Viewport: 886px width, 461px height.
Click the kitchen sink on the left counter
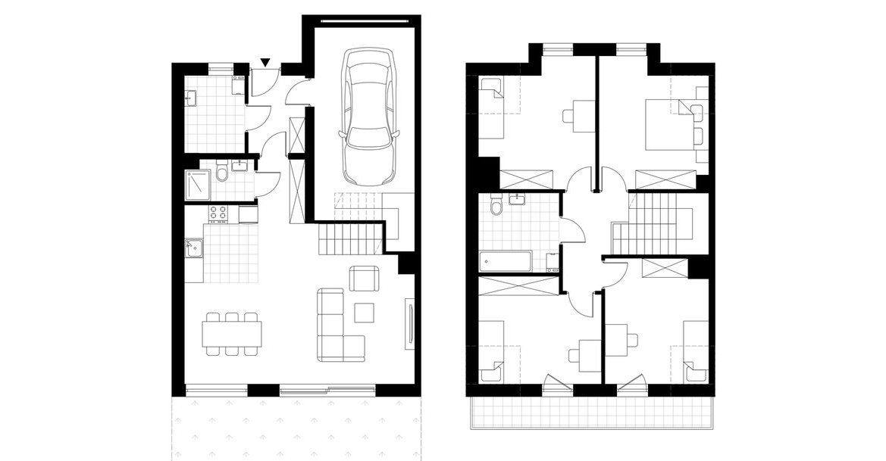193,246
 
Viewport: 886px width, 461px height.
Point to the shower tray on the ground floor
198,185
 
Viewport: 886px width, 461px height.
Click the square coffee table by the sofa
364,312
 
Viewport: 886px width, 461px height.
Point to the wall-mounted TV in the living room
410,324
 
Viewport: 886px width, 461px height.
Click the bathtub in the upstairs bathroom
505,262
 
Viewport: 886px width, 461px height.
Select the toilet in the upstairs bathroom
496,206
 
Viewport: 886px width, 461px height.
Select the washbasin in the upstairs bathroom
519,199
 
